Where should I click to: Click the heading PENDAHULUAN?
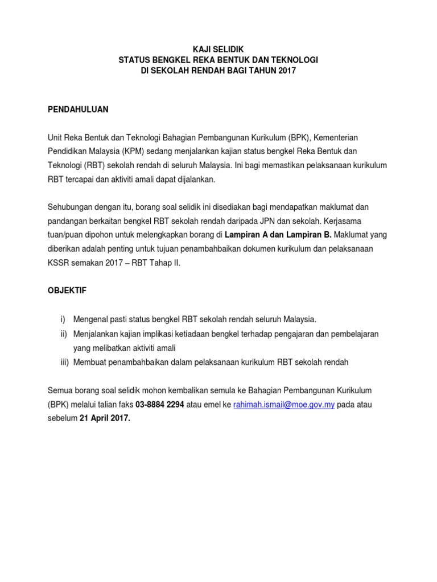[77, 109]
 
